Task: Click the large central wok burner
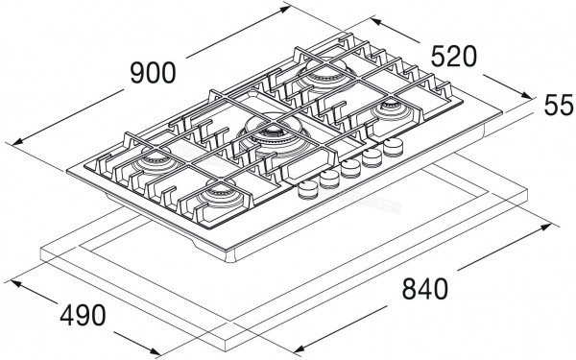click(x=270, y=135)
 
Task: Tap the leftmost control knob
click(x=308, y=190)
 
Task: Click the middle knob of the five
click(x=351, y=170)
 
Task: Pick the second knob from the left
click(x=330, y=180)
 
